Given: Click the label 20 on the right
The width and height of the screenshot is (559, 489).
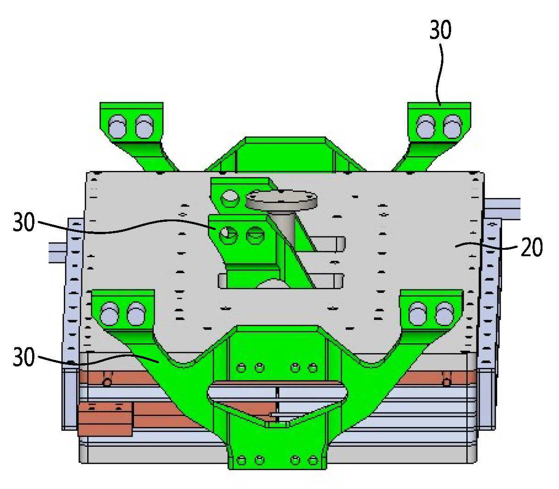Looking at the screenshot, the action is (531, 247).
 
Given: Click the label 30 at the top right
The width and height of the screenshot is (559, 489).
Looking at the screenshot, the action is (440, 29).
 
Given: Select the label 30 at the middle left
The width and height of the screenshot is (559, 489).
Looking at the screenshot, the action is (24, 222).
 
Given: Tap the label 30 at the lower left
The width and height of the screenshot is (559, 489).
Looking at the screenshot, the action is (24, 357).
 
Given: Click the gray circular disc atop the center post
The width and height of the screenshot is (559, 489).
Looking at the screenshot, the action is (282, 199).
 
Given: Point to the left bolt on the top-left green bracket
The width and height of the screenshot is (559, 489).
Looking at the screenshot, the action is (117, 127).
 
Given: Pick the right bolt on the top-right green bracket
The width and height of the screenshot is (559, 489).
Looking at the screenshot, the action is (453, 127).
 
